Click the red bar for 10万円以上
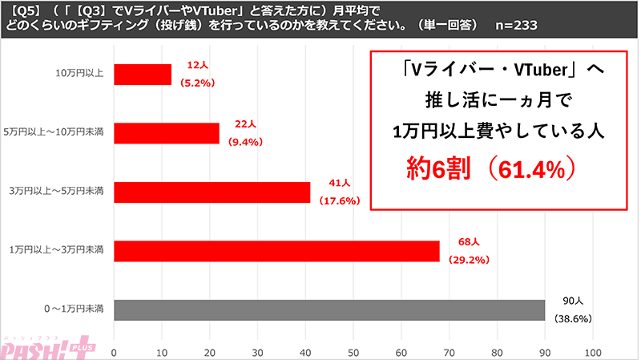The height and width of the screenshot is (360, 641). pos(143,75)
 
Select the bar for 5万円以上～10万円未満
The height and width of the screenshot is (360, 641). pos(167,133)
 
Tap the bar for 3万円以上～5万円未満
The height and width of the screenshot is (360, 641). pos(212,192)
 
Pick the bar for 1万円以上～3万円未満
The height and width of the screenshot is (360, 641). pos(276,251)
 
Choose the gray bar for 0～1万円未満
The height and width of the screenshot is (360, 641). pos(329,309)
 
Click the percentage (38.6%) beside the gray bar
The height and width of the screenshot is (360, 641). pos(573,318)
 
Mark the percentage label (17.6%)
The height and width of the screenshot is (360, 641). pos(340,200)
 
